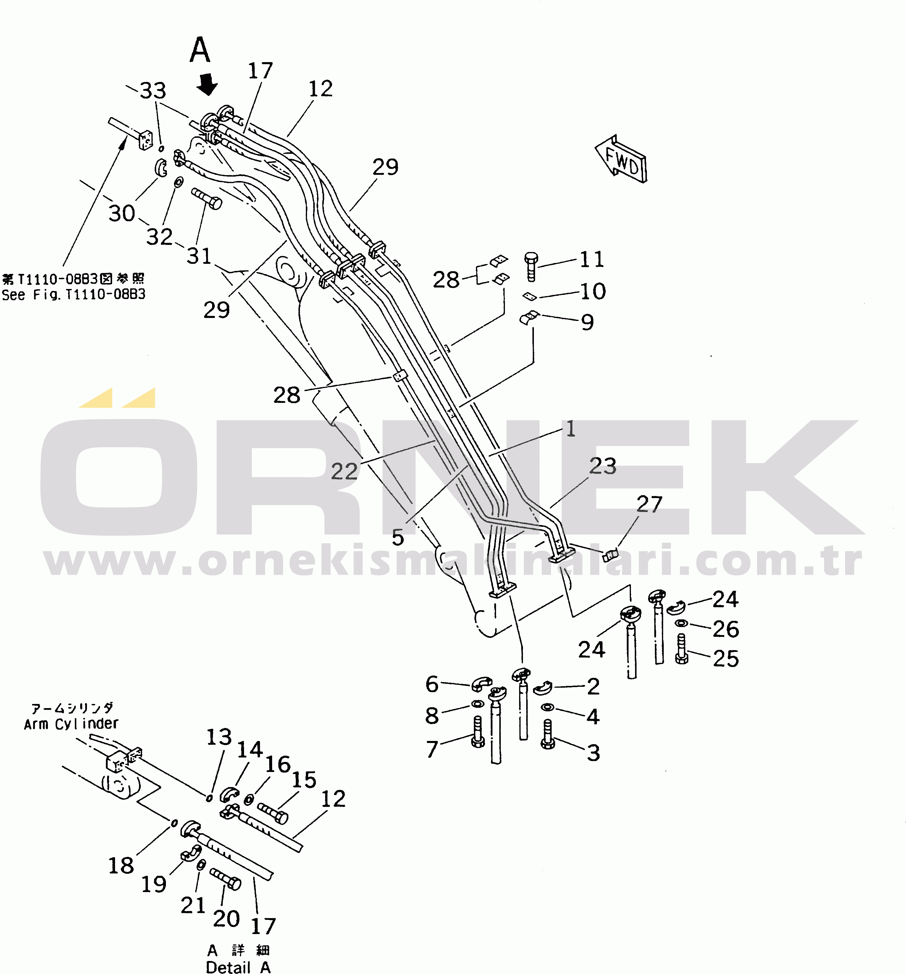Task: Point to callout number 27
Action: pyautogui.click(x=649, y=504)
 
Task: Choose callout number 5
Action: pyautogui.click(x=398, y=537)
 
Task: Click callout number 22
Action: pyautogui.click(x=345, y=471)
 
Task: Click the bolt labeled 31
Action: pyautogui.click(x=206, y=198)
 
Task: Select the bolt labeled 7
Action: pyautogui.click(x=478, y=732)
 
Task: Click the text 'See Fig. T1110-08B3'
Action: pyautogui.click(x=73, y=295)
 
